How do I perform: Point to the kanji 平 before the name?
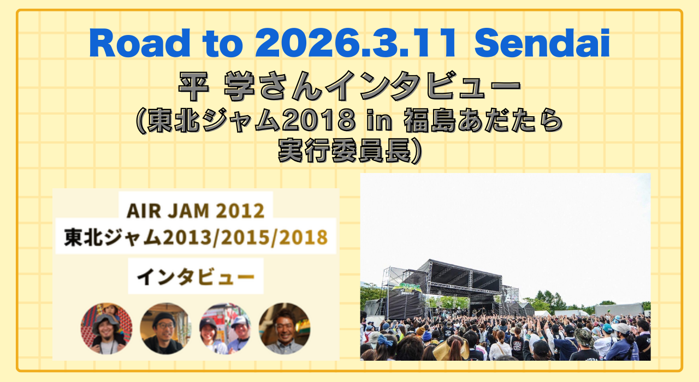click(191, 87)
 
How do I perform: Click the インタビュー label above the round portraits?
click(196, 277)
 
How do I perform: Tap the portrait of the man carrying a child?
click(106, 329)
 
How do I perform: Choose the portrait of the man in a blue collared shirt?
click(284, 329)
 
